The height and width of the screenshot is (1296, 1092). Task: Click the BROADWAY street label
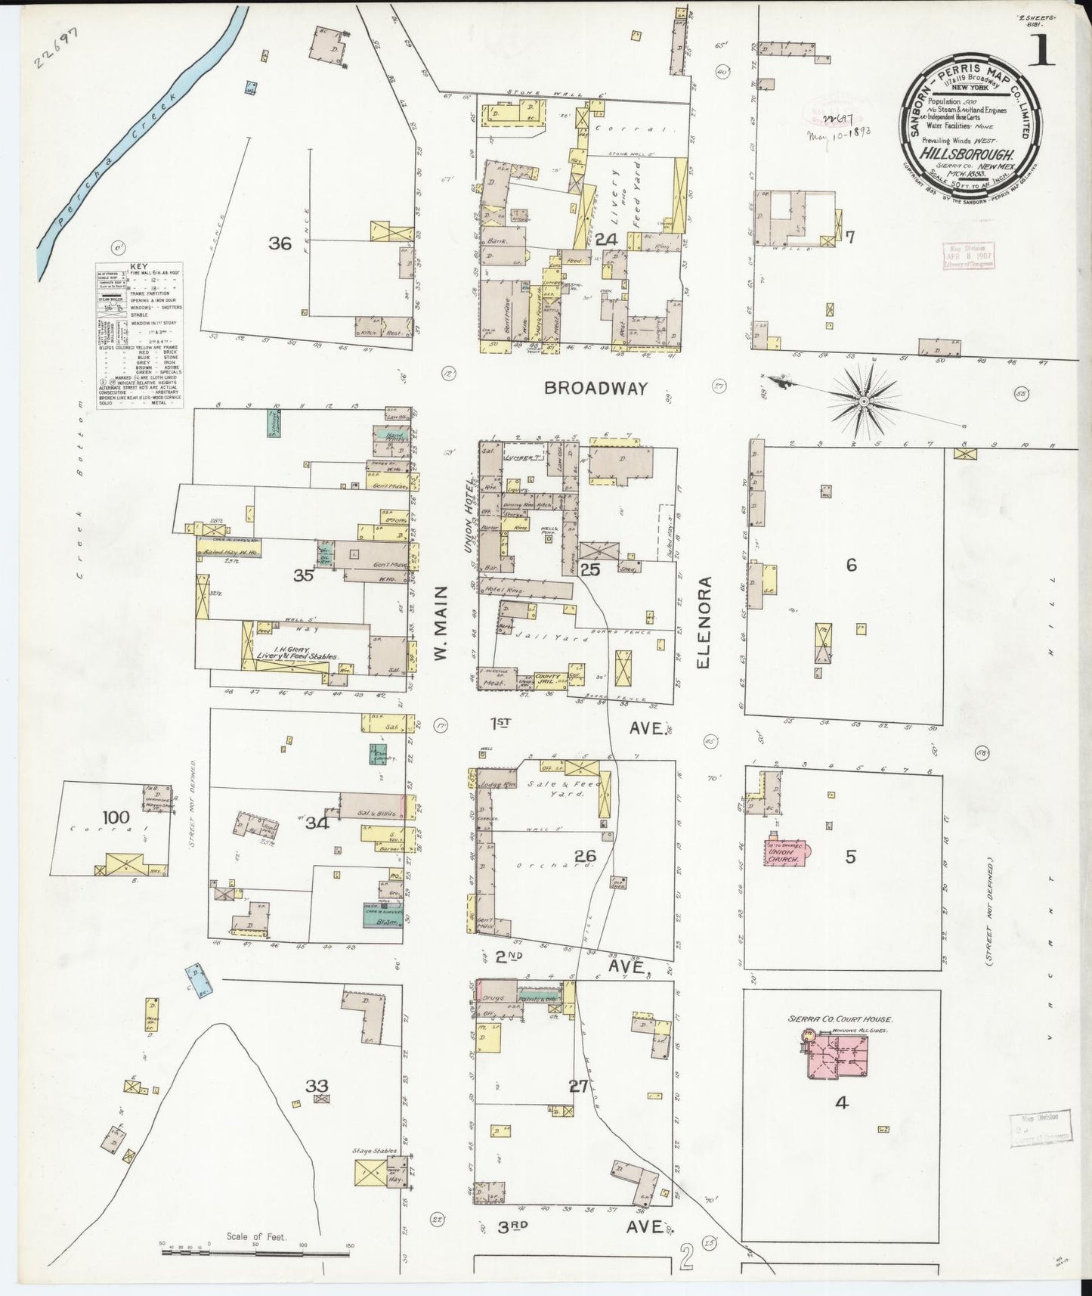[x=596, y=388]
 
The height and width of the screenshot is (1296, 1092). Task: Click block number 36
[x=280, y=243]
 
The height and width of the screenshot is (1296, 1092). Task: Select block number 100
[x=116, y=817]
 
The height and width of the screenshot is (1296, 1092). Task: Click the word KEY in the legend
[x=139, y=267]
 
